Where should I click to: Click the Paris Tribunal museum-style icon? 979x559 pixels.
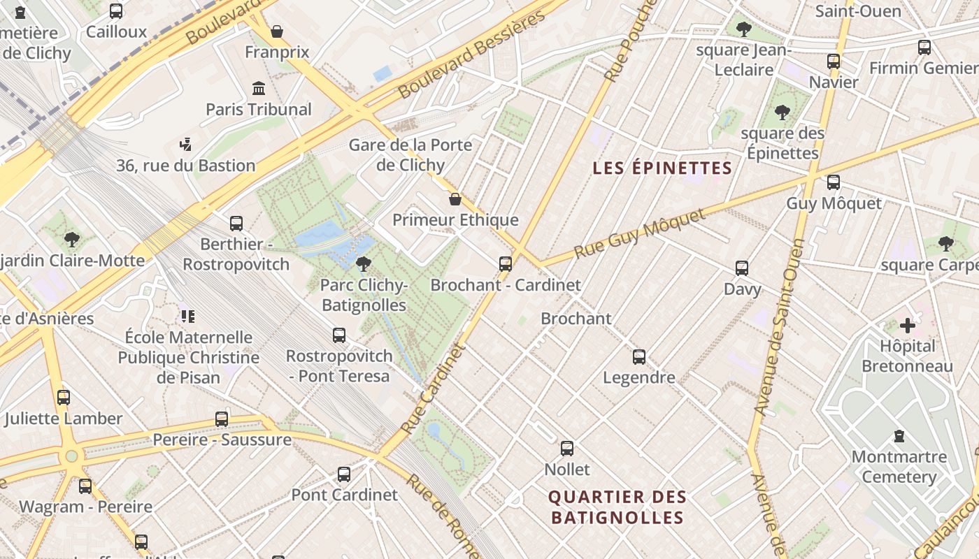[259, 89]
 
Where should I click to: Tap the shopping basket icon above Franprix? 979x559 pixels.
[277, 31]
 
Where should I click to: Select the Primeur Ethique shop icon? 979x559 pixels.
[455, 200]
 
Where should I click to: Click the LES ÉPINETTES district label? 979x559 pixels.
[662, 168]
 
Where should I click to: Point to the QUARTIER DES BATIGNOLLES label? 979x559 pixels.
[617, 507]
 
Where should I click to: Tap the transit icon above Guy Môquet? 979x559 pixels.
[833, 182]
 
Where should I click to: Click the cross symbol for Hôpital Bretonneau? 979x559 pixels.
[907, 325]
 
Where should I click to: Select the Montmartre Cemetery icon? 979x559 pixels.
[899, 436]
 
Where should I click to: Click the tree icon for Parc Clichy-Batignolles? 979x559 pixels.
[363, 264]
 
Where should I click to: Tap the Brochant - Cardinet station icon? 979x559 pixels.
[506, 264]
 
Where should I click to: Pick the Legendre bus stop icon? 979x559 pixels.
[638, 357]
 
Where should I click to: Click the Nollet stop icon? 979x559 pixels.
[566, 449]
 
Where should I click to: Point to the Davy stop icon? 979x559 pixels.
[742, 268]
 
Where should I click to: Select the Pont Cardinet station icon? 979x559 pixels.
[343, 474]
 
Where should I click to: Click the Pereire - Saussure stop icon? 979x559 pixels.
[222, 419]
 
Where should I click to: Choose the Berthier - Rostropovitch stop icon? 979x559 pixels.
[236, 224]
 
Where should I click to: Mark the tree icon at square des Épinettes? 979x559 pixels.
[782, 112]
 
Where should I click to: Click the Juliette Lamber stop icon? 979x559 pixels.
[64, 398]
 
